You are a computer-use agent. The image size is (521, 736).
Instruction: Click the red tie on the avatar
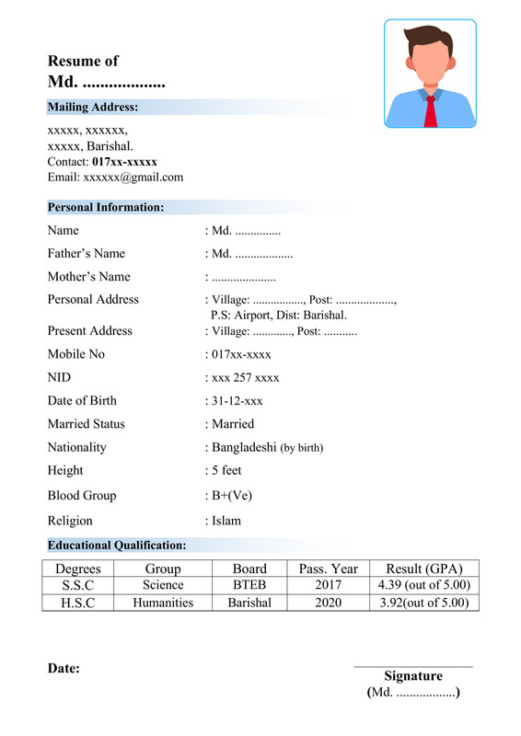[430, 109]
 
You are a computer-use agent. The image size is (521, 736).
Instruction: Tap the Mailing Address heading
[92, 108]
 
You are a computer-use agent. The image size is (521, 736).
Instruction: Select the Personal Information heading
[106, 208]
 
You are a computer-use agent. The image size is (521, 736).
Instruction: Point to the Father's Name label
[86, 253]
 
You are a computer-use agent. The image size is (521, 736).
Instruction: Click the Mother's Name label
[88, 276]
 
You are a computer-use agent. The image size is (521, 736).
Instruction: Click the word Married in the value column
[233, 424]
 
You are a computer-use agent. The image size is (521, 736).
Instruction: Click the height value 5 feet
[226, 470]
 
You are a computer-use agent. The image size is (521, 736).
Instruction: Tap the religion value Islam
[226, 521]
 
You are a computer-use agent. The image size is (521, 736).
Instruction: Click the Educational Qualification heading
[117, 546]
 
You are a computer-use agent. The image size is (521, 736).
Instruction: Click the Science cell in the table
[163, 585]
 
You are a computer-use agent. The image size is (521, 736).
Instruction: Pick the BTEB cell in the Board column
[249, 585]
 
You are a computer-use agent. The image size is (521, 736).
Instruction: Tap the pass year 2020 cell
[328, 603]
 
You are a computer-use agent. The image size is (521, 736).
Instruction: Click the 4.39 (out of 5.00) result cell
[424, 585]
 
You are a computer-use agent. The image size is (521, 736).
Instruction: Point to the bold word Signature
[413, 676]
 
